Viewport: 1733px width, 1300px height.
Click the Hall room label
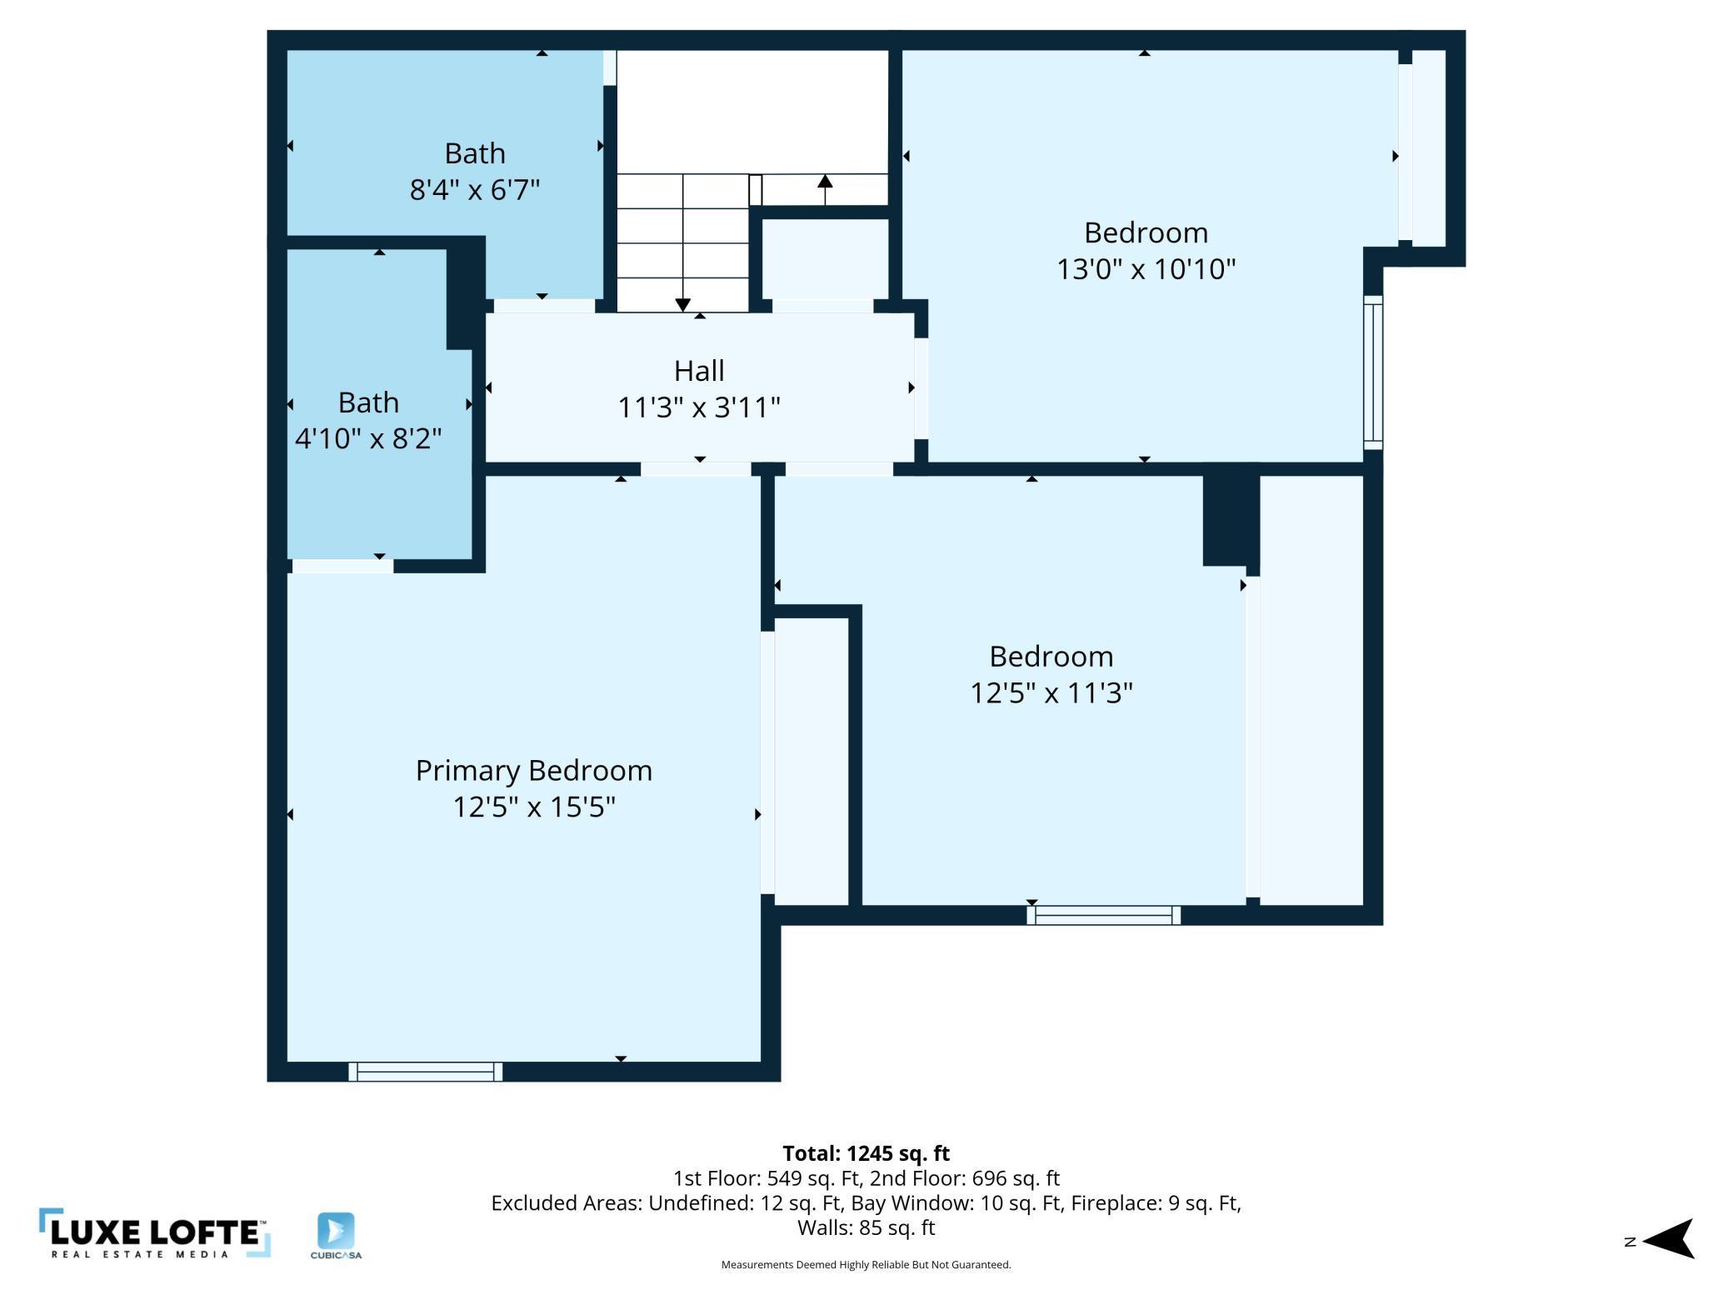(699, 370)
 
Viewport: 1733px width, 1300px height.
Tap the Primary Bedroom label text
(534, 771)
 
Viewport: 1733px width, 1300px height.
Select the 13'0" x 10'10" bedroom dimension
(1146, 269)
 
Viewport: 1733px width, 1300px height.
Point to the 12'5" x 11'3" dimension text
(1051, 692)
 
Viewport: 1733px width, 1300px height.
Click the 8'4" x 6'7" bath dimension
(475, 190)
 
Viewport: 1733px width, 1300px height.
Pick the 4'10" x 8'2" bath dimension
(368, 438)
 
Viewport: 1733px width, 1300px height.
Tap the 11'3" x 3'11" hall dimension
(699, 407)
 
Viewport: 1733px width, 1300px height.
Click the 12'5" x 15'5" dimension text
(534, 807)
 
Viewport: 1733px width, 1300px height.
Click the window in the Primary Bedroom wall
(426, 1072)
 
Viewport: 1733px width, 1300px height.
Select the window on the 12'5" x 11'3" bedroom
(1104, 915)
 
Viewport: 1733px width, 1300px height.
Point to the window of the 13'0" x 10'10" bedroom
(1373, 372)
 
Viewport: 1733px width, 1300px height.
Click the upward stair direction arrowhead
(825, 181)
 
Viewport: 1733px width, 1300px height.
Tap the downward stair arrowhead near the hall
(683, 305)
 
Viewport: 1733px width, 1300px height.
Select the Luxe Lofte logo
(155, 1233)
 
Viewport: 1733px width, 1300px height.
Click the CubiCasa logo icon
(336, 1231)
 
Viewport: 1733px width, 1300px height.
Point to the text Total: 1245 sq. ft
(866, 1153)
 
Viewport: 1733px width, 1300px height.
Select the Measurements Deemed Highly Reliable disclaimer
(866, 1265)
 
